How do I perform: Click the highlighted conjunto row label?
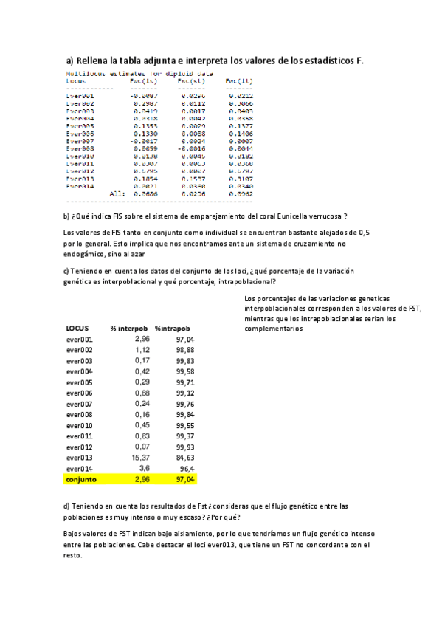click(x=81, y=479)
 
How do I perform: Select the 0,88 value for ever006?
click(x=142, y=393)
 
